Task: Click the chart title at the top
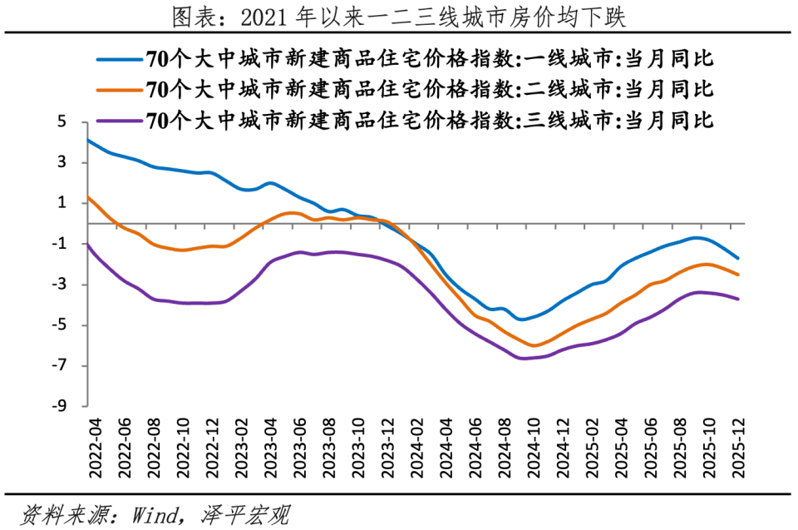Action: (x=399, y=16)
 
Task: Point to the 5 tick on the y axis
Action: (x=62, y=121)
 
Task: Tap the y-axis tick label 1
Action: (x=62, y=203)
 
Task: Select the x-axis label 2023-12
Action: (x=385, y=447)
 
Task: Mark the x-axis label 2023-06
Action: (x=297, y=447)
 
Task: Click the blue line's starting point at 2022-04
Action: (x=88, y=140)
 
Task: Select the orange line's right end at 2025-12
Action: (x=738, y=275)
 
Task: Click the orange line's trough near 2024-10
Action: (x=533, y=345)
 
